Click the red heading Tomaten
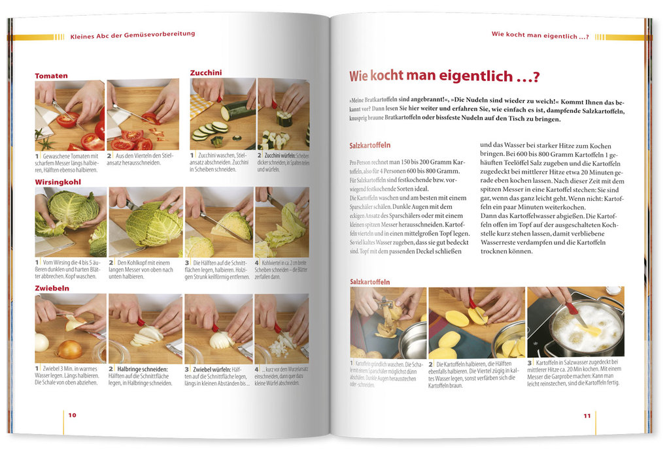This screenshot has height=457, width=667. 51,76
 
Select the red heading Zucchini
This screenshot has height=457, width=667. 206,72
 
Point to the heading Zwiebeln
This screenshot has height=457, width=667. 54,288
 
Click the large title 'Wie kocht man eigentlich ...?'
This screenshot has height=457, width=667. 444,76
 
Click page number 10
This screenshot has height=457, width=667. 72,415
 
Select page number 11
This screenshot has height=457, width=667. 587,415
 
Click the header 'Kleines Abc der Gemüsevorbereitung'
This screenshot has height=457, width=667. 132,34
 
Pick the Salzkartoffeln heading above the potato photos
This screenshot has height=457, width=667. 369,282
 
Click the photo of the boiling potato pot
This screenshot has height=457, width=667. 575,323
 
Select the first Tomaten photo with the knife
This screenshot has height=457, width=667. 69,115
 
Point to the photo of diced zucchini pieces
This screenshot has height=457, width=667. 283,114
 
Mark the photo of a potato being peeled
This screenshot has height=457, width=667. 388,323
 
